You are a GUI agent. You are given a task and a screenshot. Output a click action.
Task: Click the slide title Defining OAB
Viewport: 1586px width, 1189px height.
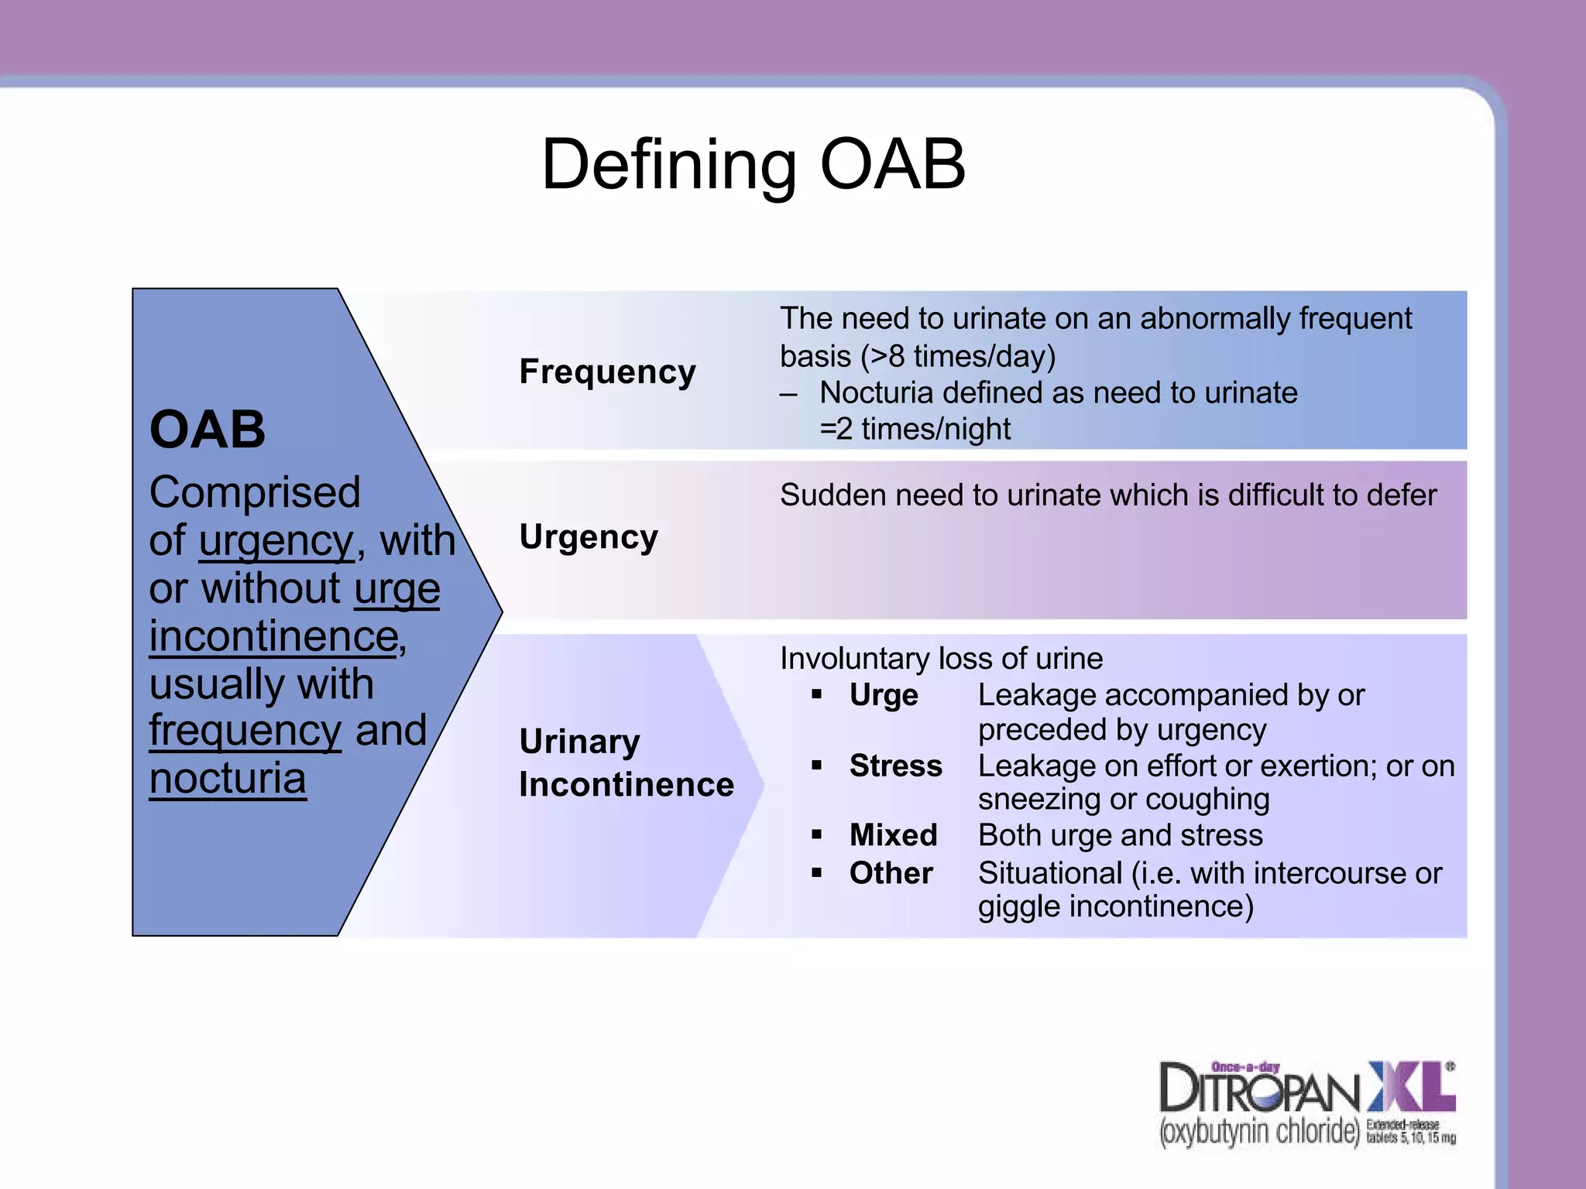coord(753,164)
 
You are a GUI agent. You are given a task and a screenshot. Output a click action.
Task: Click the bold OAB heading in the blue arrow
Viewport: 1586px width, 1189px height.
coord(208,430)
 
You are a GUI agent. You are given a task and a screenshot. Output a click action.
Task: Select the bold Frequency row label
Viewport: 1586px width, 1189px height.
coord(607,372)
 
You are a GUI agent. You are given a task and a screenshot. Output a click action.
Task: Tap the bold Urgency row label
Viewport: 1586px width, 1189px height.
coord(589,536)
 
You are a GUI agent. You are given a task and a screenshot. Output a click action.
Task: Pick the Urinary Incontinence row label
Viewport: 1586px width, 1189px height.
coord(626,762)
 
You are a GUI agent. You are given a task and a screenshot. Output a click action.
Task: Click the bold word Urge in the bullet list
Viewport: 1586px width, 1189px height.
coord(884,695)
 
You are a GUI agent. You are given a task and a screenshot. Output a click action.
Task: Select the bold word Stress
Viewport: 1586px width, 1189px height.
coord(895,766)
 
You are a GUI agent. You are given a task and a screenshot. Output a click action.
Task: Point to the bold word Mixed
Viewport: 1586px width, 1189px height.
coord(893,835)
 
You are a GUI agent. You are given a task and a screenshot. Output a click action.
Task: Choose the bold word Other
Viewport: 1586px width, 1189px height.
coord(891,873)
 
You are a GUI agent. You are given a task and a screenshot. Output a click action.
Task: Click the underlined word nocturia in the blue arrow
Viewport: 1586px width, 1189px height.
coord(228,779)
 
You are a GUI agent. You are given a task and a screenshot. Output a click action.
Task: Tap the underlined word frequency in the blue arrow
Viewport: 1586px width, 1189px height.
coord(245,731)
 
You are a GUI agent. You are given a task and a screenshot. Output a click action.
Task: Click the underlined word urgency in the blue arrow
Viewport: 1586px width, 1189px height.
coord(276,540)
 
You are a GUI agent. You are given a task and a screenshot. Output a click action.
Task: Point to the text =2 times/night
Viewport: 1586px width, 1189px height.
coord(915,429)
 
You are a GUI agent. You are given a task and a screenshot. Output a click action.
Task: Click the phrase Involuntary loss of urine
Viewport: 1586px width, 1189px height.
coord(941,659)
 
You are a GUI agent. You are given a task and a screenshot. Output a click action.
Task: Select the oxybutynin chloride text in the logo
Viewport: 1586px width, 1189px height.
coord(1259,1132)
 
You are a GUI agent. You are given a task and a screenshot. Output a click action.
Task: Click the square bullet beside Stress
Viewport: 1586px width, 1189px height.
coord(816,766)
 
